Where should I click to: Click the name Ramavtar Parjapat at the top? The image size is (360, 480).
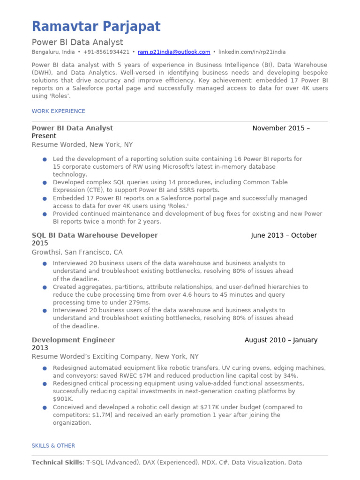[96, 27]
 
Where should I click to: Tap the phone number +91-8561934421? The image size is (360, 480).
[106, 52]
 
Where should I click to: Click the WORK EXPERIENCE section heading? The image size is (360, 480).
[59, 111]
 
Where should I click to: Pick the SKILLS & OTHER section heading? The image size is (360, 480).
[53, 446]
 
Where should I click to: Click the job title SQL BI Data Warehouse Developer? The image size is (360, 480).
[95, 235]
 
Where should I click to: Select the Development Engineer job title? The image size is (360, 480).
[73, 340]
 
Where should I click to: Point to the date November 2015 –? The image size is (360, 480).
[281, 128]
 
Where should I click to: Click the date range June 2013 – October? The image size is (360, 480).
[284, 235]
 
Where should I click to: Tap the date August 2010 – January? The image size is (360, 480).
[281, 340]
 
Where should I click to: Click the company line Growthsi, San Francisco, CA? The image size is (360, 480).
[77, 252]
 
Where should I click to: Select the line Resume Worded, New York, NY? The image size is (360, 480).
[82, 145]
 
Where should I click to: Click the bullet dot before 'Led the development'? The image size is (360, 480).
[45, 159]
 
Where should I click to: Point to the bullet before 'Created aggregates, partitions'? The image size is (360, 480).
[45, 287]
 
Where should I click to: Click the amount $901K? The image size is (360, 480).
[63, 399]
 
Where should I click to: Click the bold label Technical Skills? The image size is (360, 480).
[57, 463]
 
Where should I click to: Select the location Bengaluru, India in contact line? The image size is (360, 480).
[53, 52]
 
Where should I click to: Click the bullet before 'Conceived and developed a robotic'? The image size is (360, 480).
[45, 408]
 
